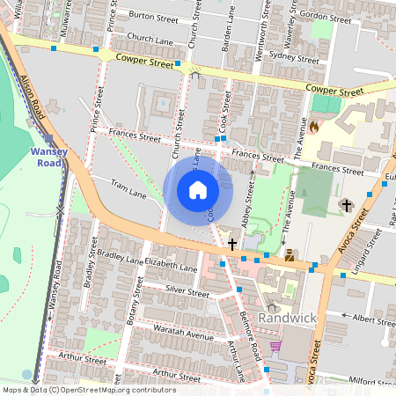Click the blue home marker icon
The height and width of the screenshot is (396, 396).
(198, 190)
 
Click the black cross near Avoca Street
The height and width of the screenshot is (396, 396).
(346, 206)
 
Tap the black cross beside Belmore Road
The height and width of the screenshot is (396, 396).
(232, 244)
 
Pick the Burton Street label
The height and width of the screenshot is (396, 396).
(147, 16)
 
